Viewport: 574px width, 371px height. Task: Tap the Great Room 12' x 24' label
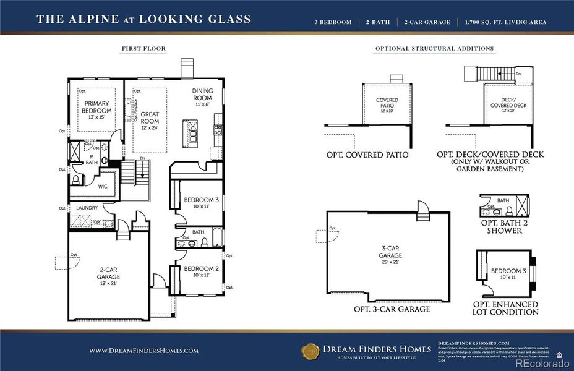(x=150, y=117)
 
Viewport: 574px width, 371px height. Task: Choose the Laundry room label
(x=87, y=208)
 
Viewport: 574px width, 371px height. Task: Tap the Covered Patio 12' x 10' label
(x=387, y=103)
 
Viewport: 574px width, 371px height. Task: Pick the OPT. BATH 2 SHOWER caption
(x=505, y=226)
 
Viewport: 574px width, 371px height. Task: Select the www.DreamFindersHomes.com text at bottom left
(x=143, y=351)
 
